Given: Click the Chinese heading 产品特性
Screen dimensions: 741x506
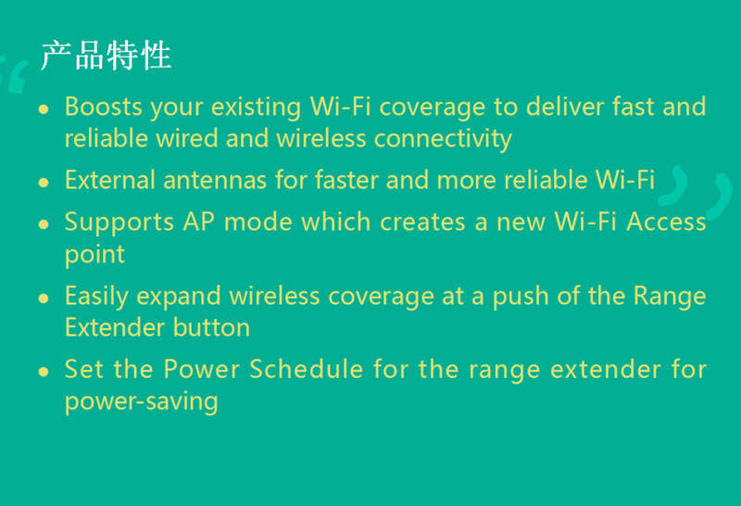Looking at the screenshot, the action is (106, 56).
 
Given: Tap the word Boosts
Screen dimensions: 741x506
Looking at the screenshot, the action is (104, 107).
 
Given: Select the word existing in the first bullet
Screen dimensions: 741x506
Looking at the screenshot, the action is (257, 108).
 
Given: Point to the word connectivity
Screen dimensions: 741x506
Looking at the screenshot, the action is (444, 139).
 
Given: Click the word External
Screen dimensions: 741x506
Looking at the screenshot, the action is (110, 180).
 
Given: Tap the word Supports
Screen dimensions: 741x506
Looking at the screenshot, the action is (119, 222).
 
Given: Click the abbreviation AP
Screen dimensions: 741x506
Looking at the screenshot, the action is (199, 221).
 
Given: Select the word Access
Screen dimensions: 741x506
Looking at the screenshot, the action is (666, 221).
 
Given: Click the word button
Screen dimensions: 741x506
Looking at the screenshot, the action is (211, 328).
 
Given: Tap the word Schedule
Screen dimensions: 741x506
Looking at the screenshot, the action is (307, 369).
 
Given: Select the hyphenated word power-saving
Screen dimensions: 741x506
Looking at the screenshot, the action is (142, 402).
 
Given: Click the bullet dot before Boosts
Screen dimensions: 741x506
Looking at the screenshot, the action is (44, 109).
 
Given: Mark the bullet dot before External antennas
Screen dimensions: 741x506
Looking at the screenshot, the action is (44, 183).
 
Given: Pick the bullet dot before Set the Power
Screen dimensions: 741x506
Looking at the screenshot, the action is (44, 372).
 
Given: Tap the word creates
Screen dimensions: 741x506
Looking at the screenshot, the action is (423, 222).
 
